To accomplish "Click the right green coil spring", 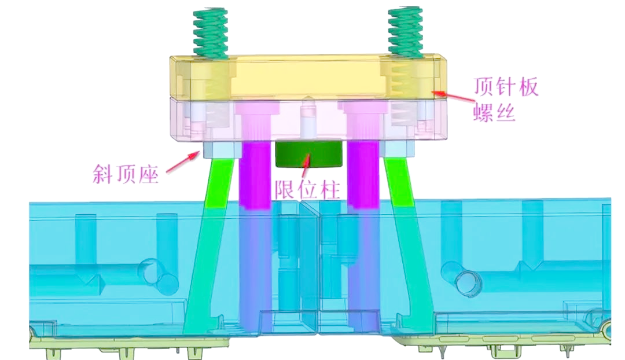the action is (x=405, y=32).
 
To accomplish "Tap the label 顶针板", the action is (x=505, y=86).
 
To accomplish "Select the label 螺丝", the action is (x=494, y=112).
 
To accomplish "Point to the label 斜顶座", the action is (x=126, y=174).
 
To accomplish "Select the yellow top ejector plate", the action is (x=308, y=78).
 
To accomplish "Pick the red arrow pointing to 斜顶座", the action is (x=182, y=162).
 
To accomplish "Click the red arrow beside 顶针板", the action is (x=454, y=96).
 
